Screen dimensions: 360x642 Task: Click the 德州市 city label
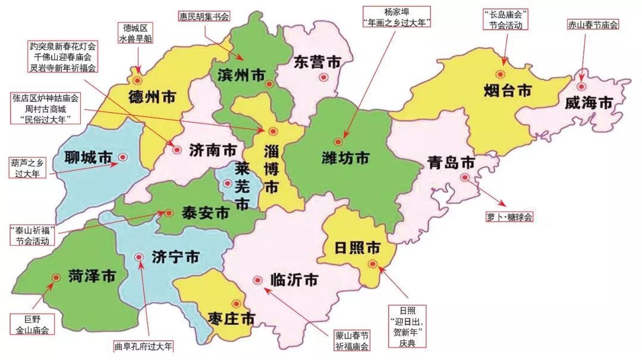point(152,98)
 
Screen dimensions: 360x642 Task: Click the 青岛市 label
point(451,163)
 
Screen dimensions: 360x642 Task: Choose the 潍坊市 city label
point(345,158)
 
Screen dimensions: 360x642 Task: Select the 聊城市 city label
point(89,157)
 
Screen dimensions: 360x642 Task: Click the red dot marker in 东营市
point(323,77)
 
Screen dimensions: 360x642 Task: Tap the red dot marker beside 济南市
point(177,150)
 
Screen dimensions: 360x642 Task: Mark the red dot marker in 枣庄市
point(237,303)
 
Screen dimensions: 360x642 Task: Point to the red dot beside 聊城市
point(122,157)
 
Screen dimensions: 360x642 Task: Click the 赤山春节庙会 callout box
point(593,24)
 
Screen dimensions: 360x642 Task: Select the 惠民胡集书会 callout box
point(204,16)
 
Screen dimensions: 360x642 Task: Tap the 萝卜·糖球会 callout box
point(509,217)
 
